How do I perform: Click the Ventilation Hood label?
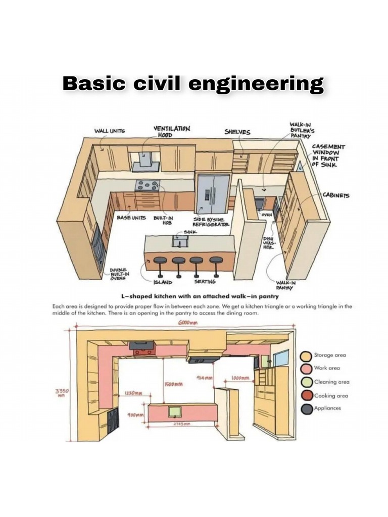click(171, 132)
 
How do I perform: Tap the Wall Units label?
click(110, 131)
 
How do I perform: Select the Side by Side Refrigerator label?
click(211, 222)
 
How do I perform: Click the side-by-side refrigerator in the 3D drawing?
click(213, 193)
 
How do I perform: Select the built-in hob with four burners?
click(148, 185)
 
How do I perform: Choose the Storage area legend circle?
click(306, 355)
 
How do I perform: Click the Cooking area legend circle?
click(306, 395)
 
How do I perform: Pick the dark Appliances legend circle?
click(306, 408)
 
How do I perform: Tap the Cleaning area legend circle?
click(306, 382)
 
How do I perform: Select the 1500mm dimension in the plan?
click(174, 385)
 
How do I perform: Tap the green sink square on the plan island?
click(175, 411)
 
